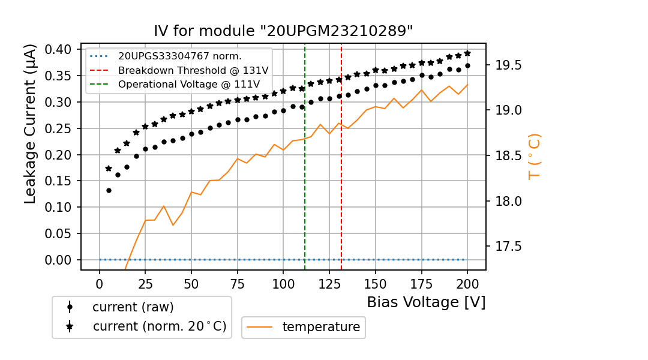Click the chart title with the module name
(283, 31)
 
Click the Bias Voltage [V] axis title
(426, 302)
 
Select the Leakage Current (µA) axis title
(31, 124)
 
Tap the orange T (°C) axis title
(535, 157)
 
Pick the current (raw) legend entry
(133, 307)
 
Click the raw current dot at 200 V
(467, 65)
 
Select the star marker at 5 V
(109, 169)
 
